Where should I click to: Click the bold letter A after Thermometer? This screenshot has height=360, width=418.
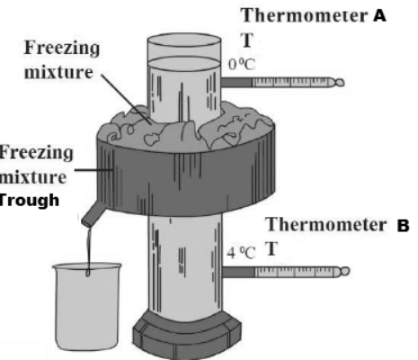(379, 15)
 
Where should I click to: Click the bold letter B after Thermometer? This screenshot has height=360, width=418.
(403, 226)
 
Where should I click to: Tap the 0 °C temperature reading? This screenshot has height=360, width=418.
(242, 64)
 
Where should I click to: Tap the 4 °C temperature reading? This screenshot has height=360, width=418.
(241, 253)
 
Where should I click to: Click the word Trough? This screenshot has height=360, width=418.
(29, 200)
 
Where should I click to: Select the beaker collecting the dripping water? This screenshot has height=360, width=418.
(87, 306)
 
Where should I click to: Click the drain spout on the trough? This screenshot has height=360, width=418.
(93, 213)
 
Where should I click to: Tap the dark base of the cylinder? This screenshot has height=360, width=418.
(187, 336)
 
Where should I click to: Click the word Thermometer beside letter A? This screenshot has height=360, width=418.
(305, 15)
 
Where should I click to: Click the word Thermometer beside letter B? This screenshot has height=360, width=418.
(326, 225)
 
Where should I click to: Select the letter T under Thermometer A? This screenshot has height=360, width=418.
(247, 40)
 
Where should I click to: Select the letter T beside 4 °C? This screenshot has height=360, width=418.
(271, 248)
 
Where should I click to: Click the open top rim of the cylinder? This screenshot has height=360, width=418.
(184, 40)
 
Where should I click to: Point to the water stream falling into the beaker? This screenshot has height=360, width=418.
(89, 250)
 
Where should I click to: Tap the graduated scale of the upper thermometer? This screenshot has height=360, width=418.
(291, 82)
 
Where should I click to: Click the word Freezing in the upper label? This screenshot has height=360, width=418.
(62, 49)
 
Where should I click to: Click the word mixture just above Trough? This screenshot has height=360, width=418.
(33, 177)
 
